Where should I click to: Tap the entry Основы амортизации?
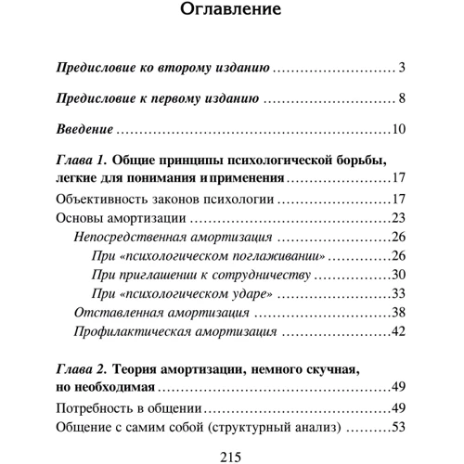point(109,217)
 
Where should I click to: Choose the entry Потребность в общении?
point(128,408)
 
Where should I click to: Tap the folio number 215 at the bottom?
point(231,456)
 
